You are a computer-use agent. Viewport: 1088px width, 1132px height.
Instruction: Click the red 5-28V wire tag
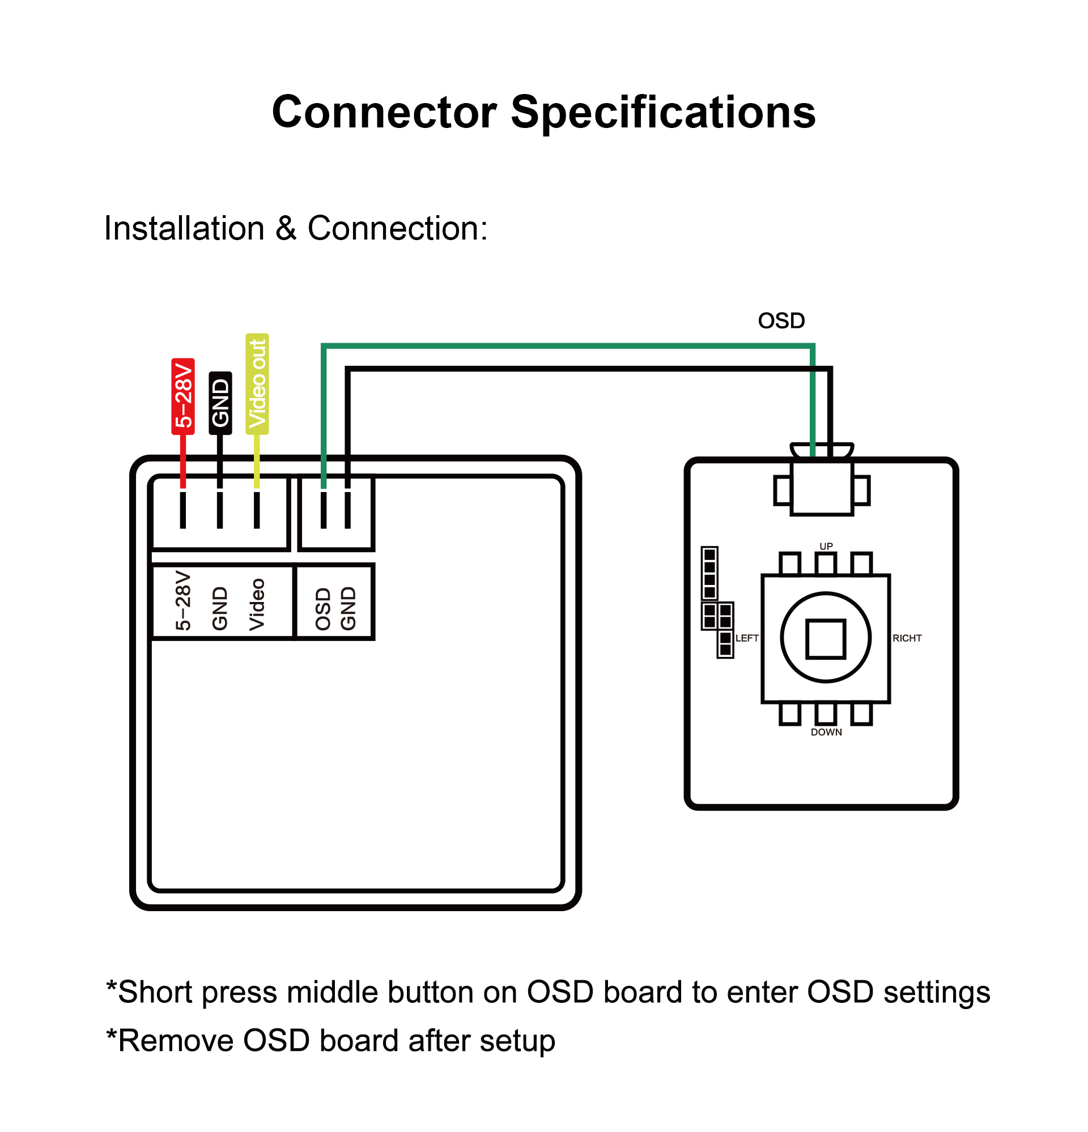click(182, 396)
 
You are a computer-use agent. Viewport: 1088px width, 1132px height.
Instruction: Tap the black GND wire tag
click(220, 403)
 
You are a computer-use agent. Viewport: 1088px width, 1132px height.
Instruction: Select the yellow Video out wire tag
click(257, 383)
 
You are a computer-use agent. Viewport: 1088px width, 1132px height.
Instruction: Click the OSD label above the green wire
click(781, 321)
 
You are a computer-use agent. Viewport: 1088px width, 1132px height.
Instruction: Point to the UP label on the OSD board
click(826, 546)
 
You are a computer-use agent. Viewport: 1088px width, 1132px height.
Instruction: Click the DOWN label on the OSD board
click(826, 732)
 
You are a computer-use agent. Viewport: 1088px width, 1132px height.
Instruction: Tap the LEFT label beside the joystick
click(746, 638)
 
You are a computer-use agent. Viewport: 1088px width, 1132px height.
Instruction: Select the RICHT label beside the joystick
click(907, 638)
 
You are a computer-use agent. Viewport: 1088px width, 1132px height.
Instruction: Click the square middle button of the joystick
click(826, 638)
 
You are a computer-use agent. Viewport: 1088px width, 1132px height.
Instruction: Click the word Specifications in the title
click(664, 112)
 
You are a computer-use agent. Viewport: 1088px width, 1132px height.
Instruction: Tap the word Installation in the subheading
click(184, 228)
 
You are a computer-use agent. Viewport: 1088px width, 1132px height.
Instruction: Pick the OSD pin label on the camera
click(323, 609)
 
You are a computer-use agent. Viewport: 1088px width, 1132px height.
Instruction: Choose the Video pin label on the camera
click(257, 605)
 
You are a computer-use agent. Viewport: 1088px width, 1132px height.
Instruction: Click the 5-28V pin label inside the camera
click(182, 601)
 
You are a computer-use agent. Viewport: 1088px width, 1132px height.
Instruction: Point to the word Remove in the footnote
click(176, 1041)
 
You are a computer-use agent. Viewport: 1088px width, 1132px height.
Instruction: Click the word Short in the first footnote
click(155, 992)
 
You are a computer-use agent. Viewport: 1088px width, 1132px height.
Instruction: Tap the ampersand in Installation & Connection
click(286, 228)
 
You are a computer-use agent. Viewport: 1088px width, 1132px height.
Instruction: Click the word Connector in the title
click(384, 112)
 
